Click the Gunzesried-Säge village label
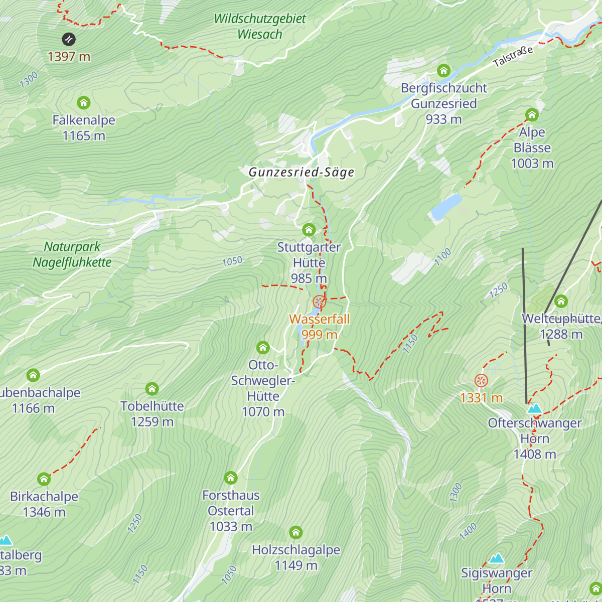click(302, 172)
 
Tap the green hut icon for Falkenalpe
click(84, 103)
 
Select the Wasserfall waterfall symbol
click(320, 302)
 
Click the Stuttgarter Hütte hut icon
click(309, 230)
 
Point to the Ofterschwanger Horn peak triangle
click(534, 408)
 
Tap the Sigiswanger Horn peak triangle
click(497, 558)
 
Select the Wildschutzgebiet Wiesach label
click(260, 27)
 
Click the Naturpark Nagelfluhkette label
click(72, 254)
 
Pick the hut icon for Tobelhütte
click(152, 389)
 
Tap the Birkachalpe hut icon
click(44, 479)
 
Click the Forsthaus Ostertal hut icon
click(231, 478)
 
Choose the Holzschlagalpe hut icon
click(296, 532)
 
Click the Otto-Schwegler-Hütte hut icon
click(263, 348)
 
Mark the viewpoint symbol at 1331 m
click(481, 381)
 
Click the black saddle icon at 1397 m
click(69, 39)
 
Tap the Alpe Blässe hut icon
click(532, 115)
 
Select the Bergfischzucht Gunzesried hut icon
click(443, 71)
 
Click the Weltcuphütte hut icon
click(561, 302)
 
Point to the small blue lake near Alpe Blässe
click(445, 207)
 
